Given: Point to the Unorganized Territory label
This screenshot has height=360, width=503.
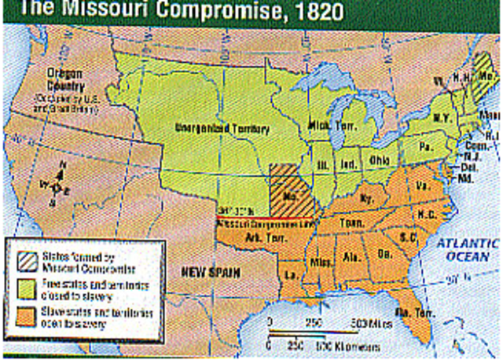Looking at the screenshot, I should (222, 127).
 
